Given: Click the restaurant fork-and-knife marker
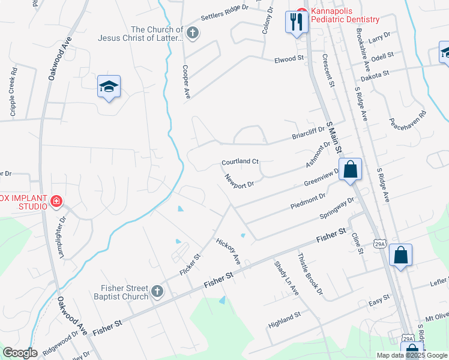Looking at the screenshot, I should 296,23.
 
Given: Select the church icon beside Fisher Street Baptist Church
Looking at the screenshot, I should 157,292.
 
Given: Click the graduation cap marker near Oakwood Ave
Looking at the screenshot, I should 109,88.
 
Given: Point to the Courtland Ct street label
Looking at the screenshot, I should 240,162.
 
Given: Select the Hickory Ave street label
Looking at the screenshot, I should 228,251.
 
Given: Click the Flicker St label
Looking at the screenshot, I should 190,265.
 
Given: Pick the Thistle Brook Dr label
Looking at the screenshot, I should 310,274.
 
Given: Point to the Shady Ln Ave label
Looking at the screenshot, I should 286,277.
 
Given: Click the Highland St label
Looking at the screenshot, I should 285,320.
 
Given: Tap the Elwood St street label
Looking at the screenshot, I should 286,59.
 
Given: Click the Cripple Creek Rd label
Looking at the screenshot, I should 13,95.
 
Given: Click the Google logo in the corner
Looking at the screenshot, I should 20,352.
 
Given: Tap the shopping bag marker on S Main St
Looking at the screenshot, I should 351,170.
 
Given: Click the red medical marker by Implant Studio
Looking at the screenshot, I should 56,201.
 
